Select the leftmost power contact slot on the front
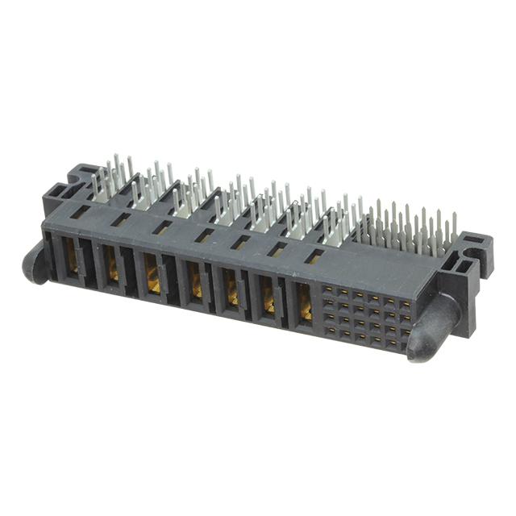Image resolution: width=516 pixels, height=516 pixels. [x=72, y=256]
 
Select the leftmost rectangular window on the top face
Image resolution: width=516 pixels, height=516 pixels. [x=80, y=211]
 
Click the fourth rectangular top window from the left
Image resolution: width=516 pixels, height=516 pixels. [x=204, y=235]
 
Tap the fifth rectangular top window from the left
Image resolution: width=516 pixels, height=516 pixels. [x=240, y=243]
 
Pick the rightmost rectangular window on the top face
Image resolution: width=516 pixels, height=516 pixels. [x=314, y=257]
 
